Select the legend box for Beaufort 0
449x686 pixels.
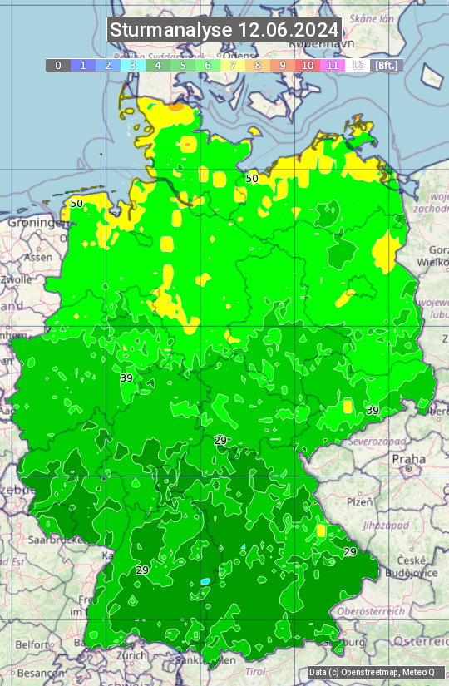(57, 65)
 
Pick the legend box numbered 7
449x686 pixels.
(233, 65)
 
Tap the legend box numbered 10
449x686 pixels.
(308, 65)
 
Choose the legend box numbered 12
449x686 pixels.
(358, 65)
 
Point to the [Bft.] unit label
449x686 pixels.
(387, 65)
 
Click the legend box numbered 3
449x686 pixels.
(132, 65)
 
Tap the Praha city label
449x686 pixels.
(409, 459)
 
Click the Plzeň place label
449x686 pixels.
(359, 502)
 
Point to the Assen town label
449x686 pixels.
(38, 258)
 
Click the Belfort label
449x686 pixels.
(32, 644)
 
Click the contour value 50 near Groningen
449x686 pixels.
(76, 203)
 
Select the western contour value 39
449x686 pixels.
(126, 378)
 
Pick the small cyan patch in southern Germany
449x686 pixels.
(205, 581)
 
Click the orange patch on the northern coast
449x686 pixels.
(176, 106)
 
